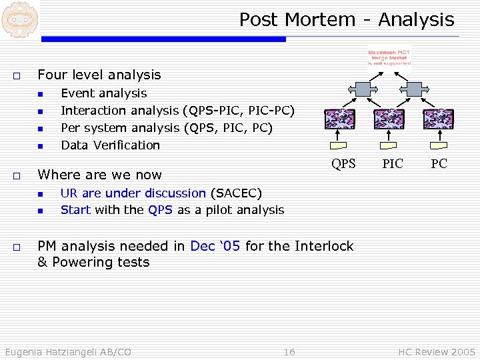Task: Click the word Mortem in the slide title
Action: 323,20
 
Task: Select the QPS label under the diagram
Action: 344,164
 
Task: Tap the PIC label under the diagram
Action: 393,164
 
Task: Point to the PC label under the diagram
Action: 439,164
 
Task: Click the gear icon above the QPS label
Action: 339,119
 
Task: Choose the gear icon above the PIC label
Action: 389,119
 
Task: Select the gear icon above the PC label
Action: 439,119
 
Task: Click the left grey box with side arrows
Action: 365,89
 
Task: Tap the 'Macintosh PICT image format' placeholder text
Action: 389,58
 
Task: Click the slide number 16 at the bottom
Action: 289,351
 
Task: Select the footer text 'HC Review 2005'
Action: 437,351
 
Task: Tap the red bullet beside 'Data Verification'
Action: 40,145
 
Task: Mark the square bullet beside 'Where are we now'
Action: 16,175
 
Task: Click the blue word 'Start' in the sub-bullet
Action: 75,210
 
